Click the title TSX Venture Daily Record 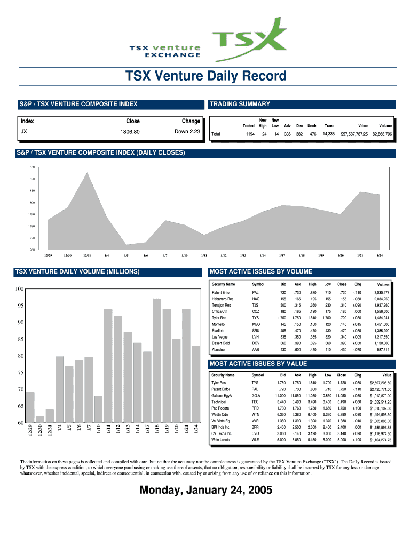205,77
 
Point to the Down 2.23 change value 187,132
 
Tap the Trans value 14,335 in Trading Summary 328,134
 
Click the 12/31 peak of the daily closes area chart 87,173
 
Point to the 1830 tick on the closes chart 31,167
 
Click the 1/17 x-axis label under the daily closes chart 282,256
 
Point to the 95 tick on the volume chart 20,306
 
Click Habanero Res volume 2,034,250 382,299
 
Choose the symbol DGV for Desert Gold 256,343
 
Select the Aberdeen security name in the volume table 219,350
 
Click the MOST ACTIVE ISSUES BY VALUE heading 259,364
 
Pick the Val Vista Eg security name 220,421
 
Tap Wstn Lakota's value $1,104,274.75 380,440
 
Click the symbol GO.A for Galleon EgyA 256,396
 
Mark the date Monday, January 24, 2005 205,490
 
